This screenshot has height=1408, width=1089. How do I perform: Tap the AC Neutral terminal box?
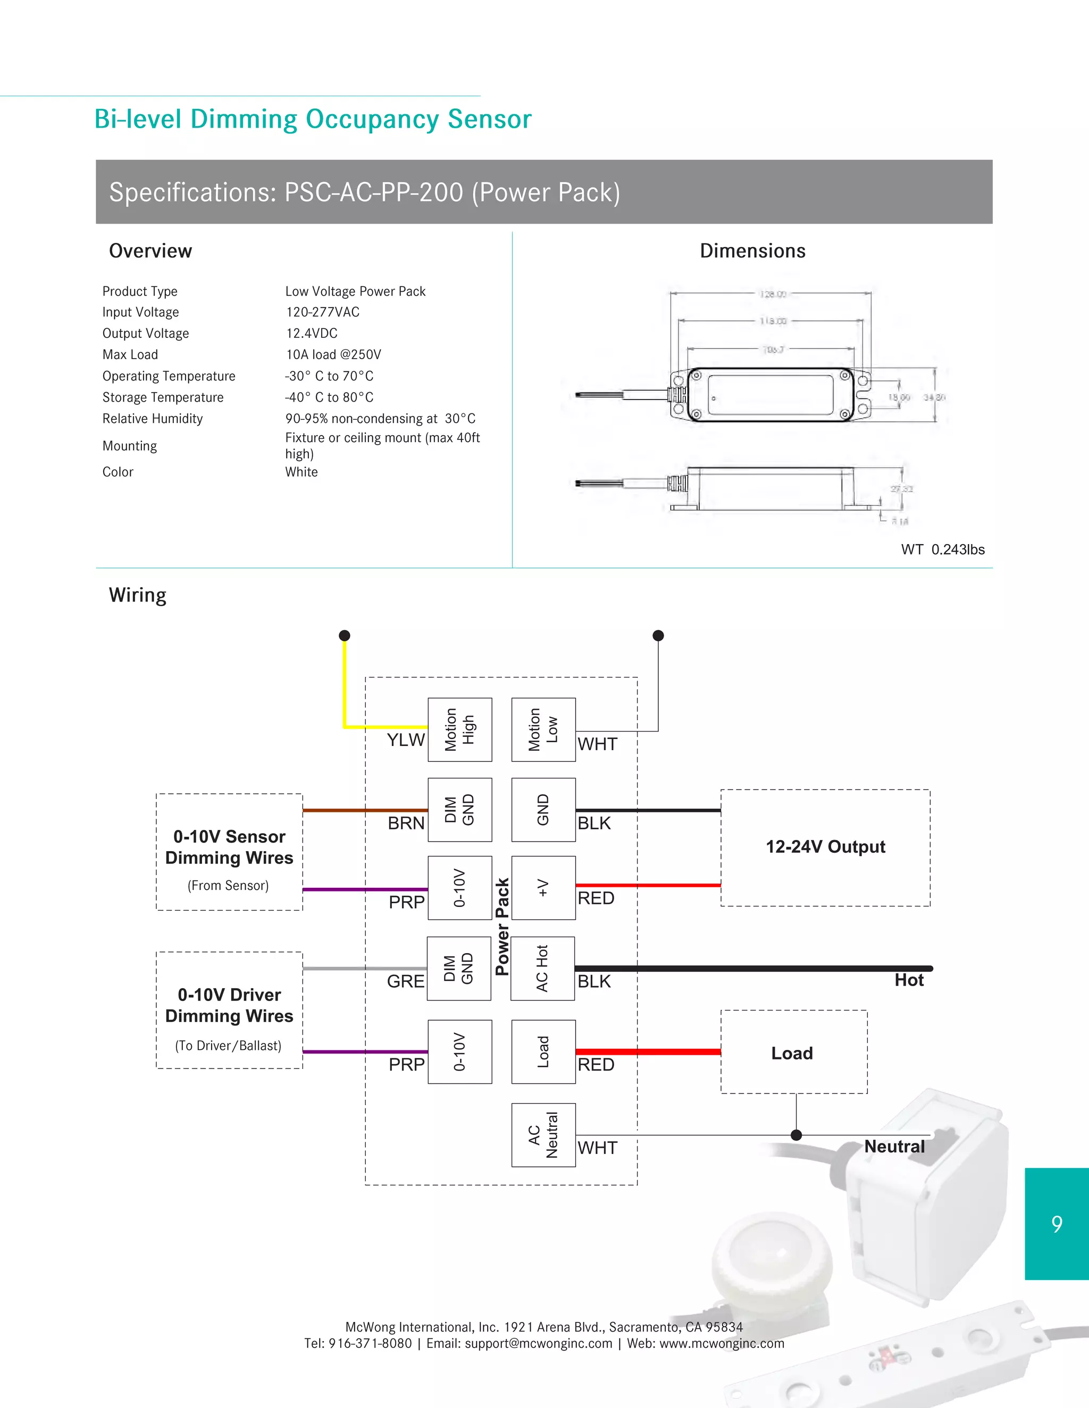click(x=543, y=1135)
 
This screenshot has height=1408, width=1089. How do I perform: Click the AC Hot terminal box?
click(x=542, y=968)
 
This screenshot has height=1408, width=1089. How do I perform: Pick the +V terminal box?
click(x=543, y=887)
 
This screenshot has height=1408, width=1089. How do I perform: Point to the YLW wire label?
click(x=406, y=740)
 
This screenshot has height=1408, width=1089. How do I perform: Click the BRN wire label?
click(x=406, y=822)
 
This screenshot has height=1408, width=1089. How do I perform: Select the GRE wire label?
click(x=406, y=981)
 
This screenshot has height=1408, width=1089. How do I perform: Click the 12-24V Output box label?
click(x=825, y=846)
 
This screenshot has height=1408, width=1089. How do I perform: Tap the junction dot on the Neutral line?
click(x=796, y=1135)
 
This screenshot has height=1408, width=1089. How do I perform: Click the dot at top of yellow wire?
click(x=345, y=635)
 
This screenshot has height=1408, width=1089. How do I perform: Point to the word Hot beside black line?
click(x=908, y=980)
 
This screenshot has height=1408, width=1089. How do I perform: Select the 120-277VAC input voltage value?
click(x=323, y=312)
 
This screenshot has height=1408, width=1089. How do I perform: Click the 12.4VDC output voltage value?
click(x=312, y=333)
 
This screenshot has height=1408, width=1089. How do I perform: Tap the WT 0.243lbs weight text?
click(x=943, y=549)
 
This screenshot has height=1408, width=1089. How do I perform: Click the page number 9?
click(x=1056, y=1224)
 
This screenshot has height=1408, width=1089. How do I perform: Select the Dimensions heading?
click(x=752, y=251)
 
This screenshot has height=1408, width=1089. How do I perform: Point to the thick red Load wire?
click(x=648, y=1051)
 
